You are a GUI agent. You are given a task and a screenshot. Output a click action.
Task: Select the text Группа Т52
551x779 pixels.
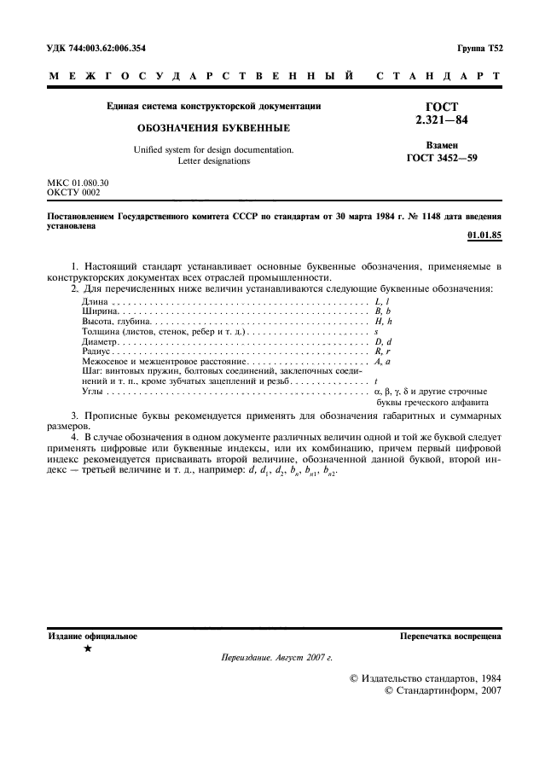480,49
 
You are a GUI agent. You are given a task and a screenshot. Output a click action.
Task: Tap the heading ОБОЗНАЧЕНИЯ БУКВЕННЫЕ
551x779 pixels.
212,127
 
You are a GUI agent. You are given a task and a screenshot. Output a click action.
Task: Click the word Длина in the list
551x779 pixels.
95,302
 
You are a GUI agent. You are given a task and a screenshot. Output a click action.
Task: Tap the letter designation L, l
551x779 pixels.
382,302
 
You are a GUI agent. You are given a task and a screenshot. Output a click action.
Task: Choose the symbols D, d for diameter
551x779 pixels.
383,340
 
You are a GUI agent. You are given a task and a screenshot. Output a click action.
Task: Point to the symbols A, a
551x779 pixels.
382,362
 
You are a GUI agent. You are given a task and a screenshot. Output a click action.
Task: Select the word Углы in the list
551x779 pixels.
93,390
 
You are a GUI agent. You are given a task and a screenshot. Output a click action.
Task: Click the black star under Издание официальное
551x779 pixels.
89,648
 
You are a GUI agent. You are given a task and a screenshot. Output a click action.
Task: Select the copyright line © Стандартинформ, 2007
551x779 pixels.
444,690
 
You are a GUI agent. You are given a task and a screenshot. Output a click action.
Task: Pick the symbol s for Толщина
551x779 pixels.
376,331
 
